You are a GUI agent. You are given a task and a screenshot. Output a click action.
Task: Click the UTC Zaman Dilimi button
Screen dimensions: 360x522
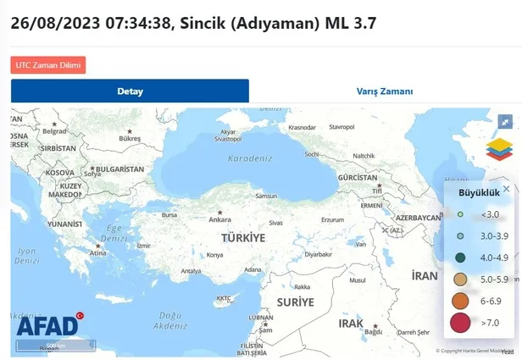48,64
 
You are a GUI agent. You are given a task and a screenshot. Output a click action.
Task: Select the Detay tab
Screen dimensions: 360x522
130,91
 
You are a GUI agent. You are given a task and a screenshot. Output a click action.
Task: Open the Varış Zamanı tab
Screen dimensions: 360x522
384,91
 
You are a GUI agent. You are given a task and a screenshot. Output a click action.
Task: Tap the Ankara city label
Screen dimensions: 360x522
219,219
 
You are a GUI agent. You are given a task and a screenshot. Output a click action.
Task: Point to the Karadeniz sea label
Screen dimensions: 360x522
248,158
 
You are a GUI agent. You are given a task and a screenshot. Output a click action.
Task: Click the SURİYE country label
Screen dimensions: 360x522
296,302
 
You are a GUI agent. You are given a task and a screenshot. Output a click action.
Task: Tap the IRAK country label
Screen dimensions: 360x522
351,323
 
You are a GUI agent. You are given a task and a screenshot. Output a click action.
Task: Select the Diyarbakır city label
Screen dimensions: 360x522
319,254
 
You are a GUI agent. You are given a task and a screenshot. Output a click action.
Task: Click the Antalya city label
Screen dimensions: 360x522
191,271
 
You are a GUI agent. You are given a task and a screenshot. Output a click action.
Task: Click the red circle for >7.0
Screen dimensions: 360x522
460,322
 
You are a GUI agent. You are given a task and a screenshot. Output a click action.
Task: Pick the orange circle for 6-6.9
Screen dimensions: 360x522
460,300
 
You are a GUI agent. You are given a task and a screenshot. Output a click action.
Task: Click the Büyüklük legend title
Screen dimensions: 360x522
475,192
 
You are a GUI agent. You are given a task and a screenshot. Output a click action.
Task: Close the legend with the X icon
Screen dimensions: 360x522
507,189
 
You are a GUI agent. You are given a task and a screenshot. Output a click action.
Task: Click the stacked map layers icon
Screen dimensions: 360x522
499,149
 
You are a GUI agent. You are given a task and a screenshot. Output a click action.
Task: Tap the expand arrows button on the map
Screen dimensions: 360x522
505,121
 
